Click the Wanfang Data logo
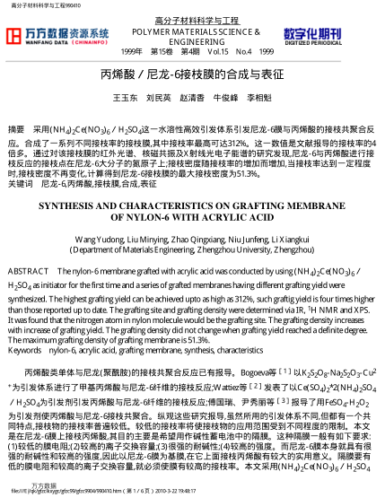click(x=57, y=36)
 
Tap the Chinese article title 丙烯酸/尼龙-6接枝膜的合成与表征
click(x=191, y=74)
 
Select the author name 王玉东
click(x=125, y=96)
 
